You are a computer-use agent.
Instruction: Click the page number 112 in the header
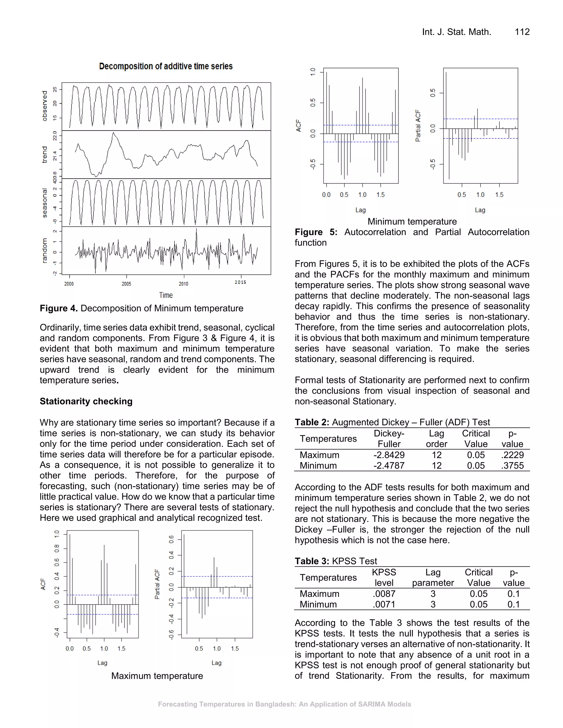click(x=522, y=32)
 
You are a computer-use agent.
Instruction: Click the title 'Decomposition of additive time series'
click(x=166, y=66)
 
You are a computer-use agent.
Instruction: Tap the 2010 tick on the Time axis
click(x=183, y=284)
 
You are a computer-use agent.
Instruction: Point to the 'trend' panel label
click(x=44, y=154)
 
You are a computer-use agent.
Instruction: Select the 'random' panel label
click(x=44, y=251)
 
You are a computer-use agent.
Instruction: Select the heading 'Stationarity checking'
click(x=86, y=401)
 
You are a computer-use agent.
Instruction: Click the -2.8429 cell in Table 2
click(x=389, y=455)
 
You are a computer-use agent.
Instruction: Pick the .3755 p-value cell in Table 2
click(x=512, y=465)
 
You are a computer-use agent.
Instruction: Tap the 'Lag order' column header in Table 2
click(x=436, y=439)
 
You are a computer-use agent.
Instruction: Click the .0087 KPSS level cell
click(x=384, y=594)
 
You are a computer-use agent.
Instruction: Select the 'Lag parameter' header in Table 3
click(x=433, y=577)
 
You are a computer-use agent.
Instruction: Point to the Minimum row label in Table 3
click(x=318, y=604)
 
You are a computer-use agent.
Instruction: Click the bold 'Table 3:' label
click(x=312, y=561)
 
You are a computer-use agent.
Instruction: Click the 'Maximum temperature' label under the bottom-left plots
click(x=157, y=676)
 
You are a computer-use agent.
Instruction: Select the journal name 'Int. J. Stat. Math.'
click(x=456, y=32)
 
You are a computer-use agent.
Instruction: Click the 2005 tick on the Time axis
click(x=126, y=284)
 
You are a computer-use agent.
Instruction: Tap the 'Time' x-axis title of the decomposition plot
click(x=166, y=295)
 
